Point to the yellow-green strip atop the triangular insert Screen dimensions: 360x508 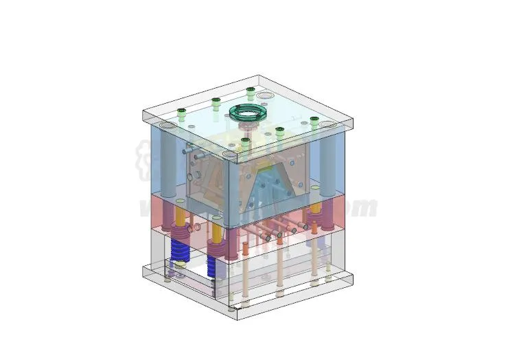[265, 167]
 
